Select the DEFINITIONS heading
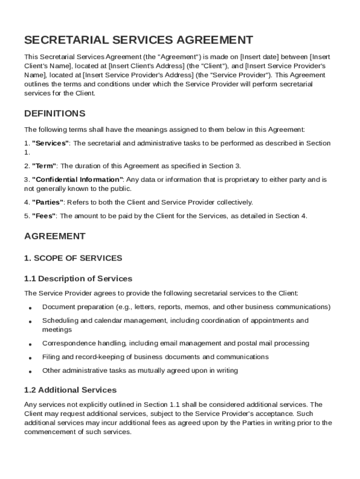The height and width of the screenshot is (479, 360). pos(55,114)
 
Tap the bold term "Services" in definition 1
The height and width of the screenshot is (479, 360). pos(50,143)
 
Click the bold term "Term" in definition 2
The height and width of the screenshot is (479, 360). pos(44,166)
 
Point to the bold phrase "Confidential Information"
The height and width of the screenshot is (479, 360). pos(78,180)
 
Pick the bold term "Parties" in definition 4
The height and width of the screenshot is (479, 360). pos(48,203)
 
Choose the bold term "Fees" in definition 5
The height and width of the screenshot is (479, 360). pos(44,216)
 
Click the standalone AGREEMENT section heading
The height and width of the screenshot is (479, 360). pos(55,236)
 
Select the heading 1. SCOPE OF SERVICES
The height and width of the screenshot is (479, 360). pos(73,258)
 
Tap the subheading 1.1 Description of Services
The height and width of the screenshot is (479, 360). pos(78,279)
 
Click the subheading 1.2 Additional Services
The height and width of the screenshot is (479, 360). pos(70,390)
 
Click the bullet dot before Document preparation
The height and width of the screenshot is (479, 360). pos(30,308)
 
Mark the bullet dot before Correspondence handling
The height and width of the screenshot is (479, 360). pos(30,345)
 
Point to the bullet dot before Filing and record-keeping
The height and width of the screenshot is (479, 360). pos(30,358)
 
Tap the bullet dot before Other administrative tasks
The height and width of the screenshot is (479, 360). pos(30,372)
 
